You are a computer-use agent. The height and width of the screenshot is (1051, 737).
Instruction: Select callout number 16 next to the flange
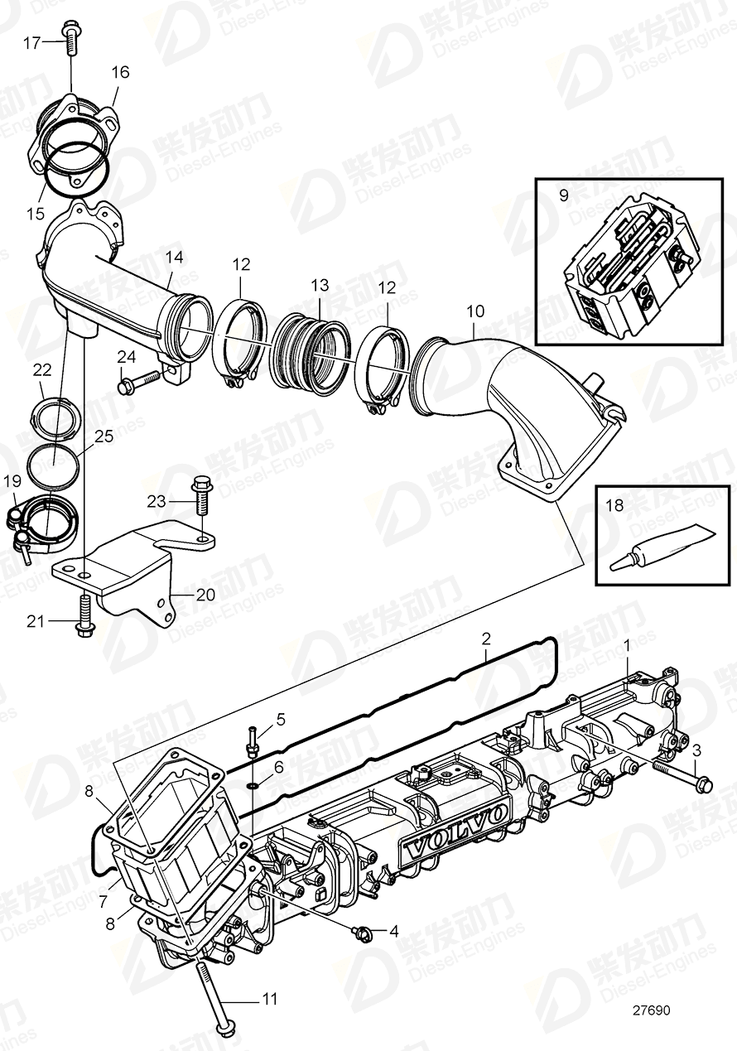point(120,73)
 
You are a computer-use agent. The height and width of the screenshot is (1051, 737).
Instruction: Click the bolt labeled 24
point(138,383)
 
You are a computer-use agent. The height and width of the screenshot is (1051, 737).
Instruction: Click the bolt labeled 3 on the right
point(684,776)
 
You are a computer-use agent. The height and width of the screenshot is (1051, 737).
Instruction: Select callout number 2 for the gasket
point(486,639)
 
